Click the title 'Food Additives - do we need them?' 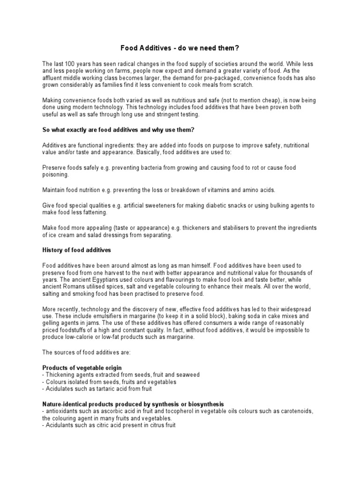(180, 47)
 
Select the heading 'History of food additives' (76, 250)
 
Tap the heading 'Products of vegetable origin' (82, 368)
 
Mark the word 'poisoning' (55, 174)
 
